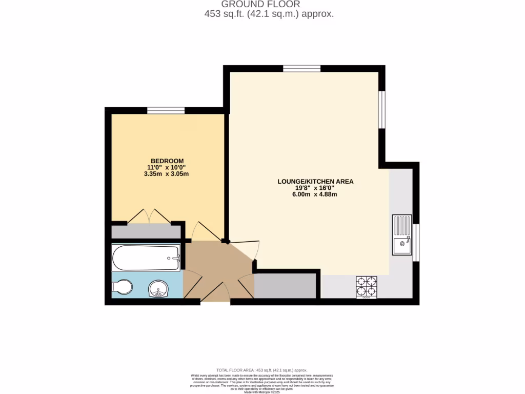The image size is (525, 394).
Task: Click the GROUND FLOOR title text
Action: [268, 4]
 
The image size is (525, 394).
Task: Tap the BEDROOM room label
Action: [167, 161]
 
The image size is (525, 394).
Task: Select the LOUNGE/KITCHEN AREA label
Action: [315, 181]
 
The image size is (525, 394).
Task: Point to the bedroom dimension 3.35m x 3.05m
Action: [167, 173]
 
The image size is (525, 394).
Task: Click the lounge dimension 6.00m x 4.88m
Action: [315, 194]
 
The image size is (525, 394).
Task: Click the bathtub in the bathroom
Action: [146, 258]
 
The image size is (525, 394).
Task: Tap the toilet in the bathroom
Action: [122, 287]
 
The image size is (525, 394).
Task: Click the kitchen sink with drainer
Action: [402, 235]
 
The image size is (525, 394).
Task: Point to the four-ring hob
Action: [366, 286]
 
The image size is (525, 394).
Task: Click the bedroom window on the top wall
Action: [166, 110]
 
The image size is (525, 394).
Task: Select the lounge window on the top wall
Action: [301, 68]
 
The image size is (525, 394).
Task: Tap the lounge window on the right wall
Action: [381, 109]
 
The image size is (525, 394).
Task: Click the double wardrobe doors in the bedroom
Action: [149, 216]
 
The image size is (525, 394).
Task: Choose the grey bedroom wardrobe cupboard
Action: [146, 231]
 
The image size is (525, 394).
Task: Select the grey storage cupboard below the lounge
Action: [285, 286]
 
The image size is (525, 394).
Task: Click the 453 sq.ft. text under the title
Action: [269, 14]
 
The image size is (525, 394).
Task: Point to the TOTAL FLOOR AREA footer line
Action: [261, 370]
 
